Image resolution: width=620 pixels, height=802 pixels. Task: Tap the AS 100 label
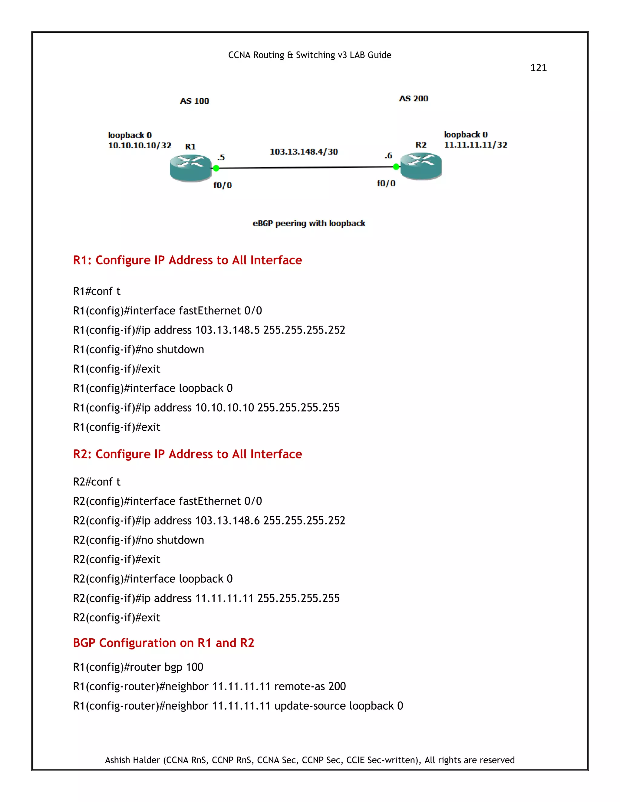pyautogui.click(x=194, y=101)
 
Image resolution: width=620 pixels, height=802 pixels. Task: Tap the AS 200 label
pyautogui.click(x=414, y=98)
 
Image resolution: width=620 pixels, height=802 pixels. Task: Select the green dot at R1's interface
pyautogui.click(x=216, y=168)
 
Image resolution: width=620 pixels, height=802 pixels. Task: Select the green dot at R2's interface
pyautogui.click(x=396, y=167)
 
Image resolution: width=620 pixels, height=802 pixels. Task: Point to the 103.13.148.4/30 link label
pyautogui.click(x=304, y=152)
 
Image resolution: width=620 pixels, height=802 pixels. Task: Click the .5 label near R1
pyautogui.click(x=221, y=158)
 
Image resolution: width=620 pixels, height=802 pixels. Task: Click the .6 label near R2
pyautogui.click(x=388, y=156)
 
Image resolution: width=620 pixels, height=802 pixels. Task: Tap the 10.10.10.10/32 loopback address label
pyautogui.click(x=140, y=145)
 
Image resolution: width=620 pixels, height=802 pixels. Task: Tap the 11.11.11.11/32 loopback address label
pyautogui.click(x=475, y=145)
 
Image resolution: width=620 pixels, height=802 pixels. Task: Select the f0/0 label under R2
pyautogui.click(x=386, y=183)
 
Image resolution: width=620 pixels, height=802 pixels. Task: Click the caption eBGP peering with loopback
pyautogui.click(x=309, y=223)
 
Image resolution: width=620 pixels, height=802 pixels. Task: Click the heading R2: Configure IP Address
pyautogui.click(x=187, y=454)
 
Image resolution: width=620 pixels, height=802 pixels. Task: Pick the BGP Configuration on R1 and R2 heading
pyautogui.click(x=163, y=643)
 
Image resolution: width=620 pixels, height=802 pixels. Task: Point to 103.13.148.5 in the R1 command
pyautogui.click(x=227, y=330)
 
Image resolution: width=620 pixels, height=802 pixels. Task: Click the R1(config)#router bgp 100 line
pyautogui.click(x=138, y=667)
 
